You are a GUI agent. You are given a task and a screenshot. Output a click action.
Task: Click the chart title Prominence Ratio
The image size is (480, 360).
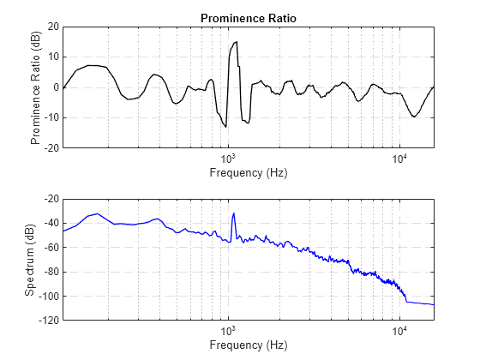(248, 18)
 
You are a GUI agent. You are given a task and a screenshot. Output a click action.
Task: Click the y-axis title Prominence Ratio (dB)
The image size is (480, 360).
(37, 87)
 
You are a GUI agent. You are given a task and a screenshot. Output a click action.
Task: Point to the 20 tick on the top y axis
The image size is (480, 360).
(52, 27)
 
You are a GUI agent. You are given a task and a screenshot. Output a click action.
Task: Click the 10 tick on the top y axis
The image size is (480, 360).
(52, 57)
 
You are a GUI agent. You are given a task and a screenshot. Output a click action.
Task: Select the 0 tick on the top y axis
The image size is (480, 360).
(55, 87)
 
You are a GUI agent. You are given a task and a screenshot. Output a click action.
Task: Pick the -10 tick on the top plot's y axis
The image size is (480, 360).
(50, 117)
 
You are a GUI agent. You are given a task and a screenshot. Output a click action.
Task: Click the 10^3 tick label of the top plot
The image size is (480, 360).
(228, 159)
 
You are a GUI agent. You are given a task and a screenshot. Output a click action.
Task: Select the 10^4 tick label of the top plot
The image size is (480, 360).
(399, 159)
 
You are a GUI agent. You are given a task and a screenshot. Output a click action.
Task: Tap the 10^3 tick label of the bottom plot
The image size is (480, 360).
(228, 331)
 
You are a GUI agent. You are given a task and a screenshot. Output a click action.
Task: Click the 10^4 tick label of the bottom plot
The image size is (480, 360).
(399, 331)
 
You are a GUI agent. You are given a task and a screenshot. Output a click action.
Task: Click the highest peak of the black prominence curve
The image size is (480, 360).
(236, 42)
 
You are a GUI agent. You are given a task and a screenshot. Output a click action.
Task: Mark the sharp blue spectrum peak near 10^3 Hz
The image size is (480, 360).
(233, 213)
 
